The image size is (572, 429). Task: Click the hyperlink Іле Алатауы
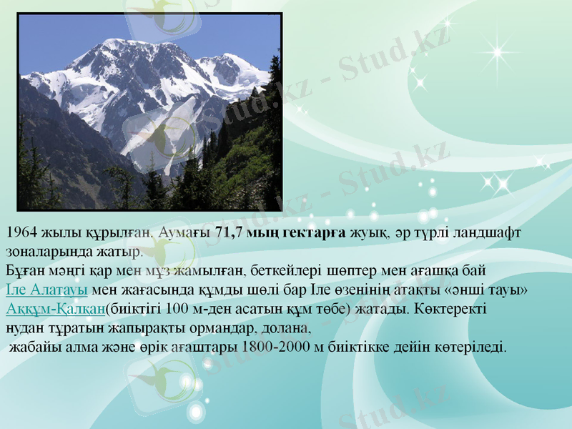46,290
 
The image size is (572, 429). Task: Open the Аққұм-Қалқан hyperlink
55,310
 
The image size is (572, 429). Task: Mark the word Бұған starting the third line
24,271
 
